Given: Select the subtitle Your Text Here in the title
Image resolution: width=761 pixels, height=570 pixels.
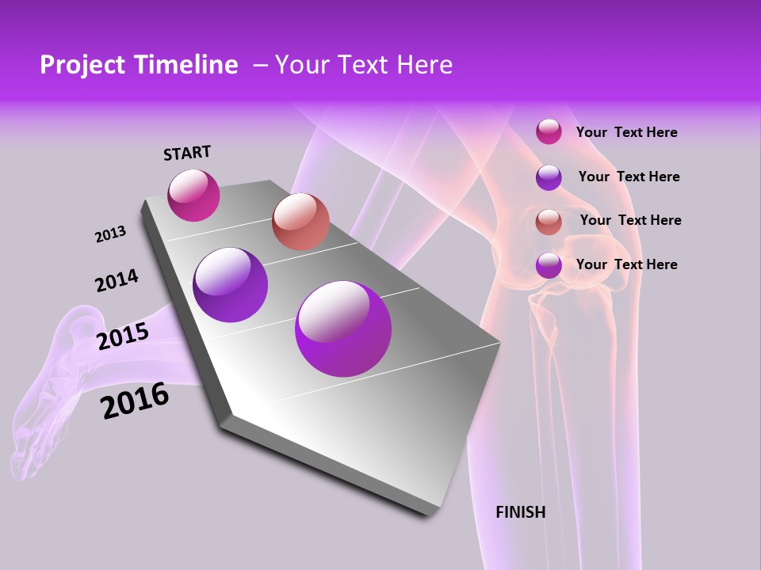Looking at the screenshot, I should pos(363,65).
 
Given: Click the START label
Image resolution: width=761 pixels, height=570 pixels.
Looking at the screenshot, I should pos(187,153).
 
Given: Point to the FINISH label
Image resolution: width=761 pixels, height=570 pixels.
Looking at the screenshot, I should pos(520,512).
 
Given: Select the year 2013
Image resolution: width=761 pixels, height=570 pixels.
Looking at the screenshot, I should pos(110,234).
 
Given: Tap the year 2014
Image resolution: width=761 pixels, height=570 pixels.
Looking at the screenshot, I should pos(117,280).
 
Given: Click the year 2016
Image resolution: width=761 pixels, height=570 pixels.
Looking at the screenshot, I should pos(136,401).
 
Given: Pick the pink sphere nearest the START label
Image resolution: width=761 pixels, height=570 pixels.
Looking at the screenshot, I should pos(193,195).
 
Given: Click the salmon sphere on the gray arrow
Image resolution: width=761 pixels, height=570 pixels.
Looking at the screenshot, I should pos(300,222).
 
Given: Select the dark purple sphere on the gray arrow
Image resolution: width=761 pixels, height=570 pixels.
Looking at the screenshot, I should pos(231,285).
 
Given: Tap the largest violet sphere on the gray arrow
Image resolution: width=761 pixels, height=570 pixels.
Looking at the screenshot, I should pos(343,329).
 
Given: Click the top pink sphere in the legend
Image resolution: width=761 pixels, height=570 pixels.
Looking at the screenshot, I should pos(549,132).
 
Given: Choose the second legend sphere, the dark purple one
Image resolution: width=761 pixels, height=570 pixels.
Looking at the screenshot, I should pos(549,177).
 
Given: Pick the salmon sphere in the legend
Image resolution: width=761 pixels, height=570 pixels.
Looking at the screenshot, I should pos(549,222).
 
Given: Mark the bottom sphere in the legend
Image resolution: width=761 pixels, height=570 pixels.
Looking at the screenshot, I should pos(549,265).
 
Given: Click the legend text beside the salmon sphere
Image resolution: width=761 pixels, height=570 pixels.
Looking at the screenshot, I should pos(630,220).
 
